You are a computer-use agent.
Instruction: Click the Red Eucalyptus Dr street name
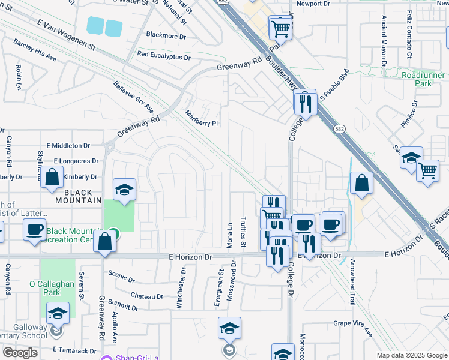tap(163, 55)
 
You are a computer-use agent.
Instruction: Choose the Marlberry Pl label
tap(201, 118)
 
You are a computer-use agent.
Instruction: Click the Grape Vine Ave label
tap(353, 328)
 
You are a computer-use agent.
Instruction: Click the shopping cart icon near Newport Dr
tap(280, 27)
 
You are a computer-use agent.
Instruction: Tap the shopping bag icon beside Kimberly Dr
tap(52, 178)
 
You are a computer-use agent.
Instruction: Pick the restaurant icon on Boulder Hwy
tap(305, 103)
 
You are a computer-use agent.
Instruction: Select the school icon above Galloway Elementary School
tap(58, 313)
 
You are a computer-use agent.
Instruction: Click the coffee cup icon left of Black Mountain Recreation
tap(34, 229)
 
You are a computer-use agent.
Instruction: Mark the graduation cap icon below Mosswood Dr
tap(229, 328)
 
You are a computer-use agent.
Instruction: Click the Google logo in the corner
tap(20, 353)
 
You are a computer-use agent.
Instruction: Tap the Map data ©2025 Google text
tap(411, 355)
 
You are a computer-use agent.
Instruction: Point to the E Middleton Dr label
tap(68, 146)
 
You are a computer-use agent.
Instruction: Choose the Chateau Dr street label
tap(147, 296)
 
